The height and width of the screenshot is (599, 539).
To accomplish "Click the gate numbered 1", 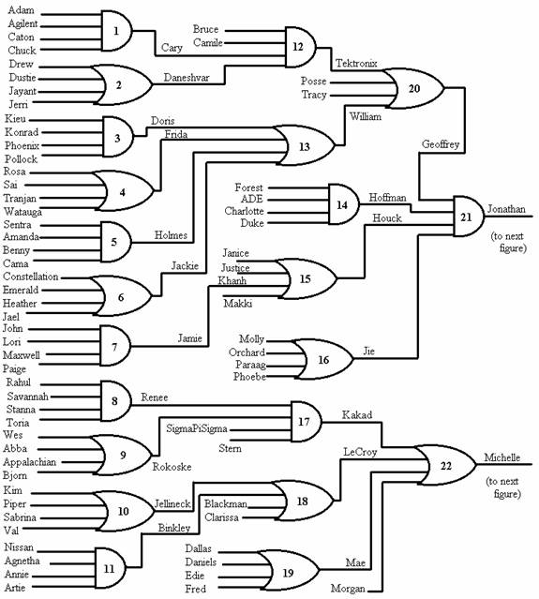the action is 116,31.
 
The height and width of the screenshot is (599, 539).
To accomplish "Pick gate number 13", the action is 305,145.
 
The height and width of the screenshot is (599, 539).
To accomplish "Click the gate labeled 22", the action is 445,465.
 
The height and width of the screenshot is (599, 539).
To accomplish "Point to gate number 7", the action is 115,346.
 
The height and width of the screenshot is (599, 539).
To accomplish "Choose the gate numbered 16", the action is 322,359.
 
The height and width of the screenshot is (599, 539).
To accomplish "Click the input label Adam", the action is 21,10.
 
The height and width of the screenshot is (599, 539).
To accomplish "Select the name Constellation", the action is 31,277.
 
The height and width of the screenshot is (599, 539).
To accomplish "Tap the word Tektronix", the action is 356,64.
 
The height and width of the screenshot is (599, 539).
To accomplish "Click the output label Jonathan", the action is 506,209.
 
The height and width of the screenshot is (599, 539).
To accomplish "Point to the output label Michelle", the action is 502,457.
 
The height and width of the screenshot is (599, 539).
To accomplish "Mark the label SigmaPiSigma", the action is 197,429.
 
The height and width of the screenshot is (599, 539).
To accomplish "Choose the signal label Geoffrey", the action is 441,144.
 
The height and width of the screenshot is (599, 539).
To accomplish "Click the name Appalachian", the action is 29,462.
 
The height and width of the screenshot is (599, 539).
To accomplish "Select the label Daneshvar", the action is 187,78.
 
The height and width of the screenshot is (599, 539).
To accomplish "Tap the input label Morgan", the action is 348,589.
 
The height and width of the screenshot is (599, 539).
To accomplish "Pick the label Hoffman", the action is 387,198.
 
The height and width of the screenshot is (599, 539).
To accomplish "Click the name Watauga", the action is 22,212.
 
